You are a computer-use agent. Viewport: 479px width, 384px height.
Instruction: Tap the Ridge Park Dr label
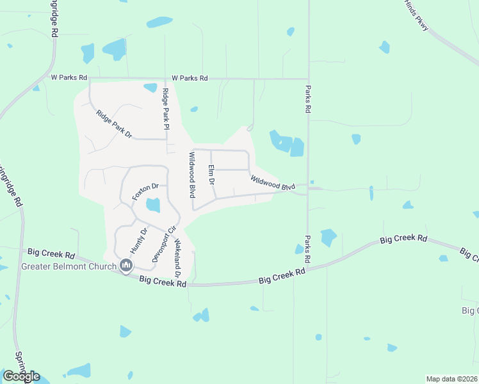(114, 125)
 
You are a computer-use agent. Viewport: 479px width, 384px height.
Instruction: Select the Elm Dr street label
(211, 174)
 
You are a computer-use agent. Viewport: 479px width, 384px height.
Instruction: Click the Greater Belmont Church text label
(69, 266)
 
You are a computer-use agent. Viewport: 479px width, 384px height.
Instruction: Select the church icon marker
(126, 266)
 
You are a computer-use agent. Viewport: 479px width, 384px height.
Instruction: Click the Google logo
(21, 376)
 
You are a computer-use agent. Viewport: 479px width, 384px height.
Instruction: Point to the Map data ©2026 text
(452, 379)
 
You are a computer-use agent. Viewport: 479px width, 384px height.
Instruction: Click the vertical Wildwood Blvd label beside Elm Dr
(191, 175)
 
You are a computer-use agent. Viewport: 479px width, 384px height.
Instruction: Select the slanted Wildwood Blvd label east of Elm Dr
(273, 184)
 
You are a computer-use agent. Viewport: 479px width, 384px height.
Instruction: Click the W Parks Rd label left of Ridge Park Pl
(69, 77)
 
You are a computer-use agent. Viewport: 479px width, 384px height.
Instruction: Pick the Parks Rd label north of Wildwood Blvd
(308, 99)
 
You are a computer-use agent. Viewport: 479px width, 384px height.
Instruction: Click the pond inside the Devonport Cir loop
(153, 205)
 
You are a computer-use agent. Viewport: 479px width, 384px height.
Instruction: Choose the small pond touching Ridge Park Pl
(151, 88)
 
